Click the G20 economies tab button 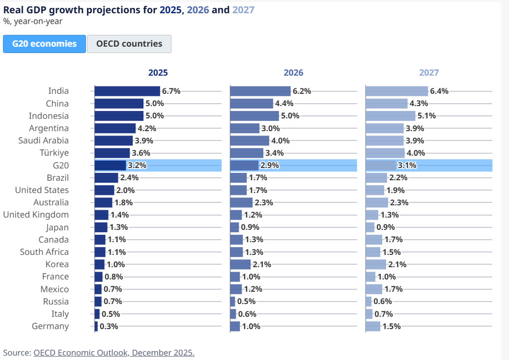pyautogui.click(x=44, y=44)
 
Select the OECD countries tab pyautogui.click(x=129, y=44)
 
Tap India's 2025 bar pyautogui.click(x=127, y=91)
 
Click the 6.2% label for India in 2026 pyautogui.click(x=302, y=91)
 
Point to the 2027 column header pyautogui.click(x=428, y=73)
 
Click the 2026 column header pyautogui.click(x=293, y=73)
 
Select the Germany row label pyautogui.click(x=50, y=326)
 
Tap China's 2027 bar pyautogui.click(x=386, y=104)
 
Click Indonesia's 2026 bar pyautogui.click(x=254, y=116)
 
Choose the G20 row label pyautogui.click(x=60, y=166)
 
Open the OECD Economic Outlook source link pyautogui.click(x=114, y=353)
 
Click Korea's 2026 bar pyautogui.click(x=240, y=264)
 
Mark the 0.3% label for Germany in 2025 pyautogui.click(x=109, y=326)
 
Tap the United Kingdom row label pyautogui.click(x=36, y=215)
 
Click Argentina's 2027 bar pyautogui.click(x=384, y=128)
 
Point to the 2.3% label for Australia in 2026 pyautogui.click(x=263, y=202)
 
